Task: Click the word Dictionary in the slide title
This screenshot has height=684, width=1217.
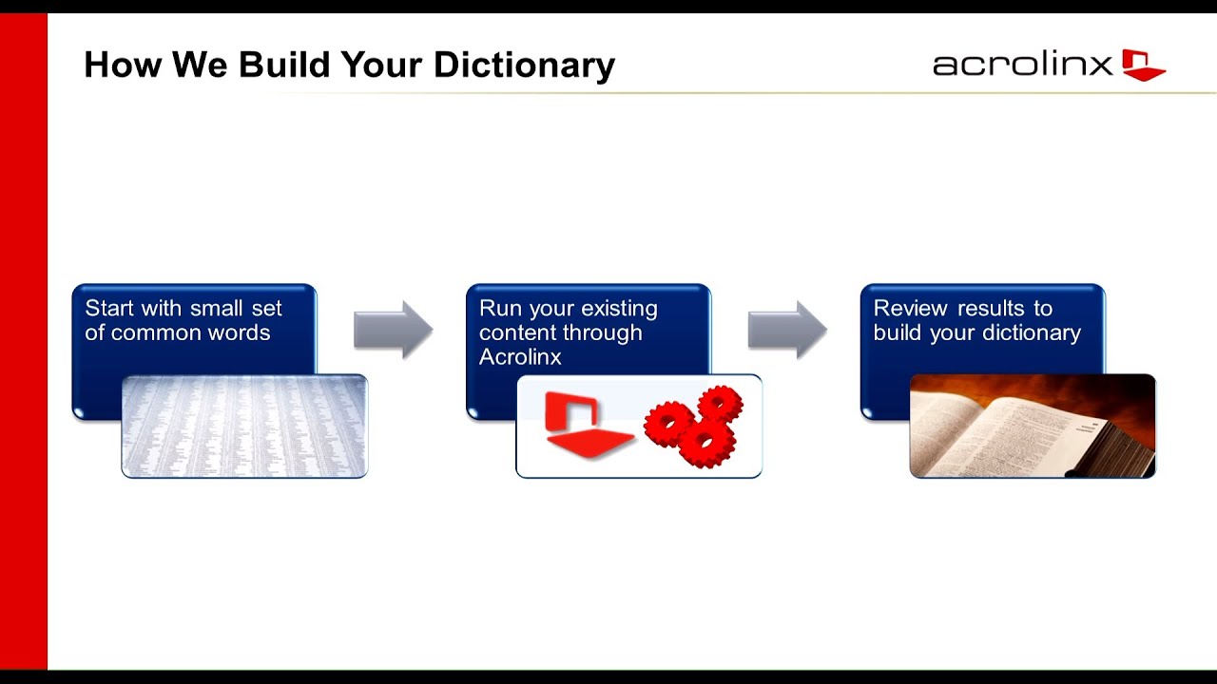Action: tap(524, 65)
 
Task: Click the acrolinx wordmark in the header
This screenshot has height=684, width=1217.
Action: tap(1022, 65)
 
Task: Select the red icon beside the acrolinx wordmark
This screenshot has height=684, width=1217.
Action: tap(1142, 65)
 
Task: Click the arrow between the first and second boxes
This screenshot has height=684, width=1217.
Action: tap(393, 330)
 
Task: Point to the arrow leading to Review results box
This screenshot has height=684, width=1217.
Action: tap(787, 330)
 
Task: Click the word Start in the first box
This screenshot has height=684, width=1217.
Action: tap(109, 309)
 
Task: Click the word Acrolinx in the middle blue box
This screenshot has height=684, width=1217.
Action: tap(520, 357)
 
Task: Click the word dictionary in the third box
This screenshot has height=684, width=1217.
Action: tap(1034, 333)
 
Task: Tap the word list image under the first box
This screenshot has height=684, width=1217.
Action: tap(244, 427)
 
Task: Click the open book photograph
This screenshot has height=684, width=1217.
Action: tap(1033, 427)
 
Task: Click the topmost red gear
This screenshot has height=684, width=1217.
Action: tap(720, 404)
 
